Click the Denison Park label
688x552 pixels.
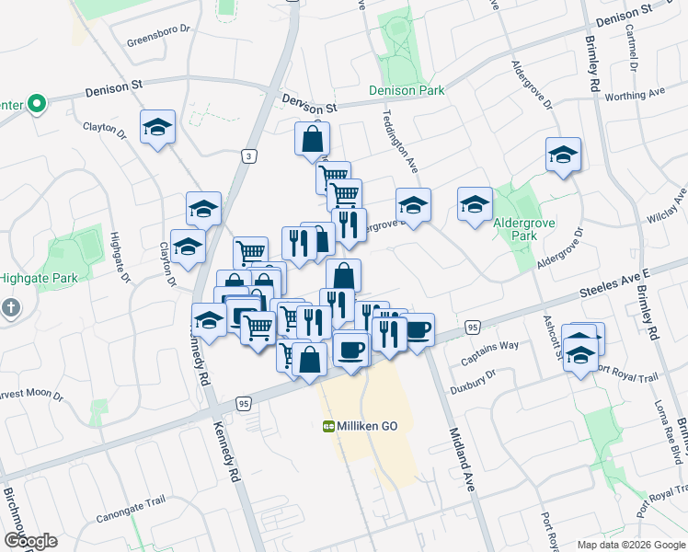[x=407, y=90]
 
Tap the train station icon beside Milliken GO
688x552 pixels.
[x=328, y=427]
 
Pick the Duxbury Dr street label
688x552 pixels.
[x=473, y=382]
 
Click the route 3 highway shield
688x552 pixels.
[x=248, y=157]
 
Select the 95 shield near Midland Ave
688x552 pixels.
[x=472, y=327]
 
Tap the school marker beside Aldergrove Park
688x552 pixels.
[x=475, y=205]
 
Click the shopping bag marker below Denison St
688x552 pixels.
[x=313, y=140]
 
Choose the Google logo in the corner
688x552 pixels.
[x=30, y=541]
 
